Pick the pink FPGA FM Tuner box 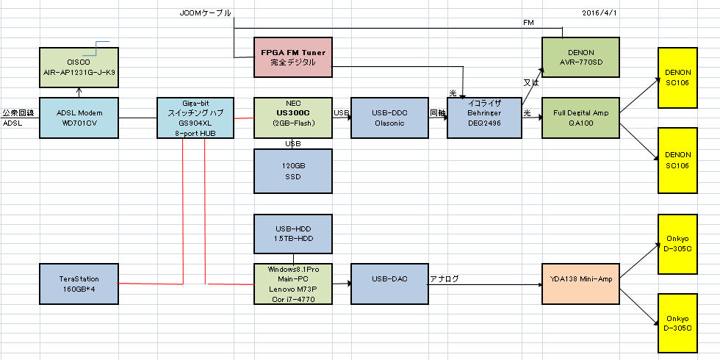pyautogui.click(x=293, y=58)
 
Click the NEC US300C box pyautogui.click(x=293, y=118)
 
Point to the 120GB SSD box pyautogui.click(x=293, y=172)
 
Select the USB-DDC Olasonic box pyautogui.click(x=389, y=118)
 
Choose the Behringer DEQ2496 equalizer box pyautogui.click(x=485, y=118)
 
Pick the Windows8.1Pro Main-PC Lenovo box pyautogui.click(x=293, y=284)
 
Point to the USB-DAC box pyautogui.click(x=389, y=284)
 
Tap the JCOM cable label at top pyautogui.click(x=205, y=13)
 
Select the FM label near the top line pyautogui.click(x=528, y=23)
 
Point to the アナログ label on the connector pyautogui.click(x=444, y=278)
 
